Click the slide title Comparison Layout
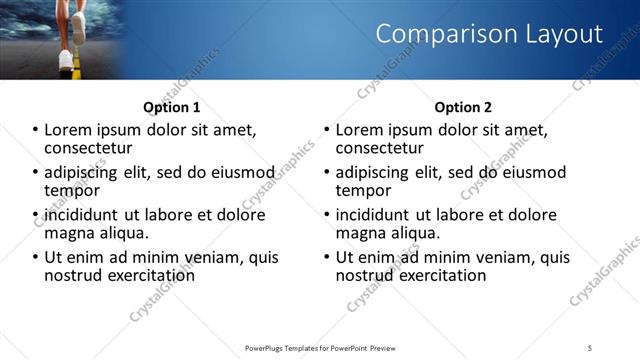[489, 34]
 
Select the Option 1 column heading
[171, 107]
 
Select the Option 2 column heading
[463, 107]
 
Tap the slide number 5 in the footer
[590, 347]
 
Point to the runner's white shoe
[66, 57]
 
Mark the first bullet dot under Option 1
[36, 131]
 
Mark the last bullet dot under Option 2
[328, 257]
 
